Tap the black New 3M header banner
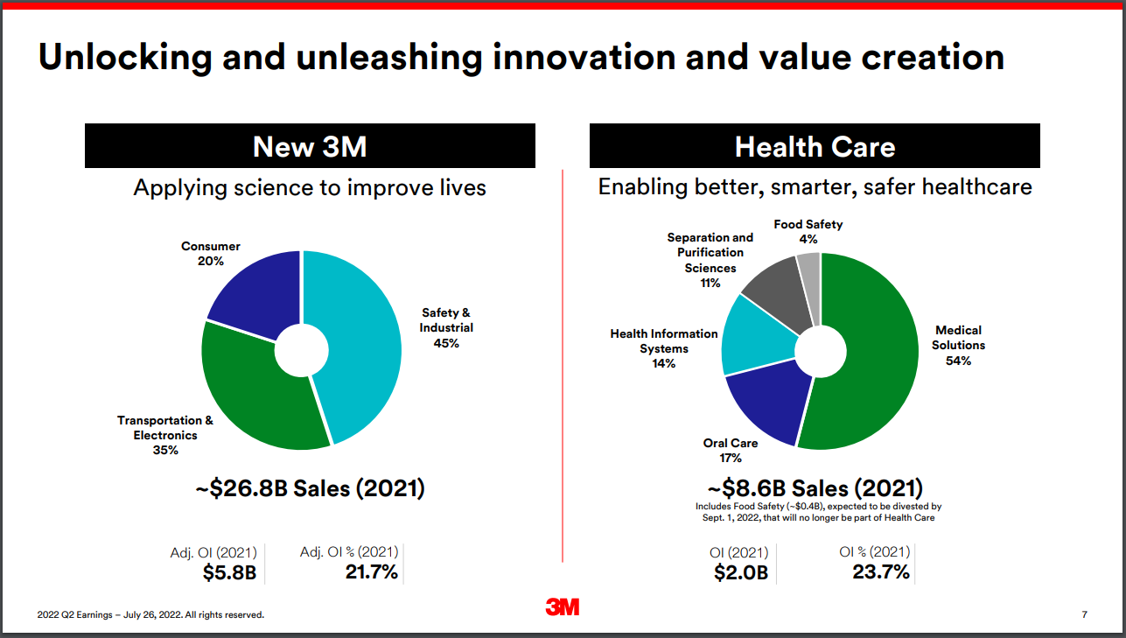310,146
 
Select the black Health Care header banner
815,146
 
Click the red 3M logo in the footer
563,607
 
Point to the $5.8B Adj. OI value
229,573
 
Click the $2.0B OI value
739,573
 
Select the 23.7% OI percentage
881,572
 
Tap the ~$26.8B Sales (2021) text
310,488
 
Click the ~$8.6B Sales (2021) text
815,488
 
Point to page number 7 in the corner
1084,614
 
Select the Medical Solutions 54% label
958,345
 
